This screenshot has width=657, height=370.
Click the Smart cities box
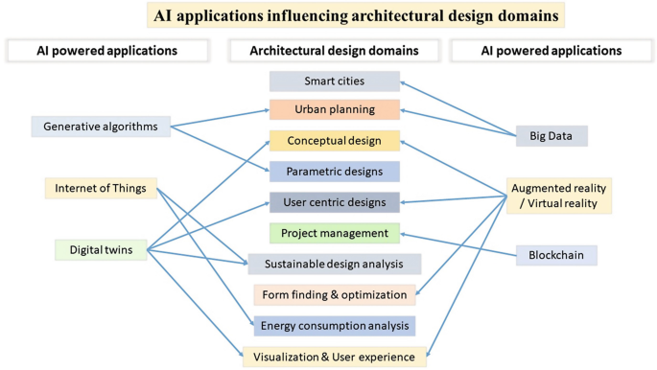[x=333, y=81]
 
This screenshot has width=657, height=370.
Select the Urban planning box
[x=333, y=110]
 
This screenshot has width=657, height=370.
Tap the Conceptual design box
[x=333, y=141]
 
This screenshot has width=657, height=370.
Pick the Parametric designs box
[x=333, y=172]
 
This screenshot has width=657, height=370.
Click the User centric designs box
[x=333, y=202]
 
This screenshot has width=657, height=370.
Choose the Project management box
[x=333, y=233]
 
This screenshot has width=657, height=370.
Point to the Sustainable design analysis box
[x=335, y=264]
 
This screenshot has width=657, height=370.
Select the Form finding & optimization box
[x=335, y=294]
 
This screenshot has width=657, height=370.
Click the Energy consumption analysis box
[x=335, y=326]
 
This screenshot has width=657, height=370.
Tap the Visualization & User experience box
[x=335, y=357]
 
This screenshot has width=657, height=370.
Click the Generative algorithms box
[x=101, y=125]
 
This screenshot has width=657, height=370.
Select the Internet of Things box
[x=101, y=189]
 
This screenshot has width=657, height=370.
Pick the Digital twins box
[x=101, y=250]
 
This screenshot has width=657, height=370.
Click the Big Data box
[x=551, y=135]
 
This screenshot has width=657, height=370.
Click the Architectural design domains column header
[x=333, y=49]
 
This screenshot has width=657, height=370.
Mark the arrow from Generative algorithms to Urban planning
[x=221, y=118]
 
